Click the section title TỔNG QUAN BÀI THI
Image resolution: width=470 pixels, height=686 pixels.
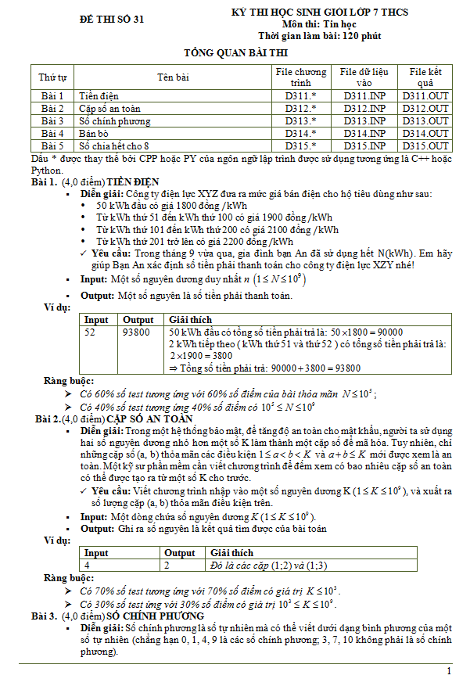click(235, 53)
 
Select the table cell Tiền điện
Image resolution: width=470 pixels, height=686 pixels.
click(98, 95)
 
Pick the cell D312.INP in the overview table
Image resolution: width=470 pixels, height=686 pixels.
click(364, 108)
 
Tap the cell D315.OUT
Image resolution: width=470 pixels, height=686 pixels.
click(425, 146)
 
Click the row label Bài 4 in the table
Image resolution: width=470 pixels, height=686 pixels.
click(52, 134)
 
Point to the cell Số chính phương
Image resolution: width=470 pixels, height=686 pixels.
click(114, 121)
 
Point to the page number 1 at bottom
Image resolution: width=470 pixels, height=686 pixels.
click(449, 671)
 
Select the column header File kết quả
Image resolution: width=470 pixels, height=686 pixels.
click(425, 77)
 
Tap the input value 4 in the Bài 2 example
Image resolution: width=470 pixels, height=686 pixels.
click(87, 565)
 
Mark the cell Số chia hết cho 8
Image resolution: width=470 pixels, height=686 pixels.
click(113, 146)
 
